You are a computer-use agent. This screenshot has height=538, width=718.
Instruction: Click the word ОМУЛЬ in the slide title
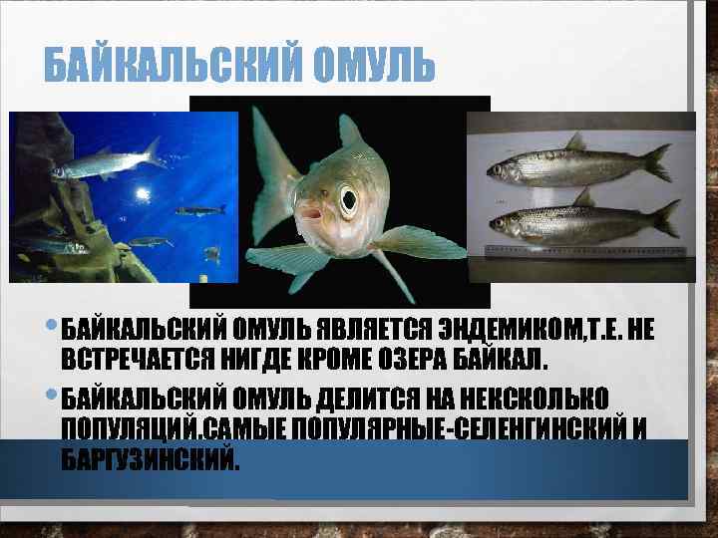coord(374,67)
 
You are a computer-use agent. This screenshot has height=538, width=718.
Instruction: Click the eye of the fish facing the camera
coord(348,200)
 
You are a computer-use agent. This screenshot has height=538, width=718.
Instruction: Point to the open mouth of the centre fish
coord(310,212)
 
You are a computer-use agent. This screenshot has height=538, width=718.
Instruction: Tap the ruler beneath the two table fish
coord(588,247)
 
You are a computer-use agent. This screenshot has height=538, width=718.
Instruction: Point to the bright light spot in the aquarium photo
coord(143,192)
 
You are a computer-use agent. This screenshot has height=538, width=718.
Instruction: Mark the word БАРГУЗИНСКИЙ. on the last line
coord(151,460)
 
